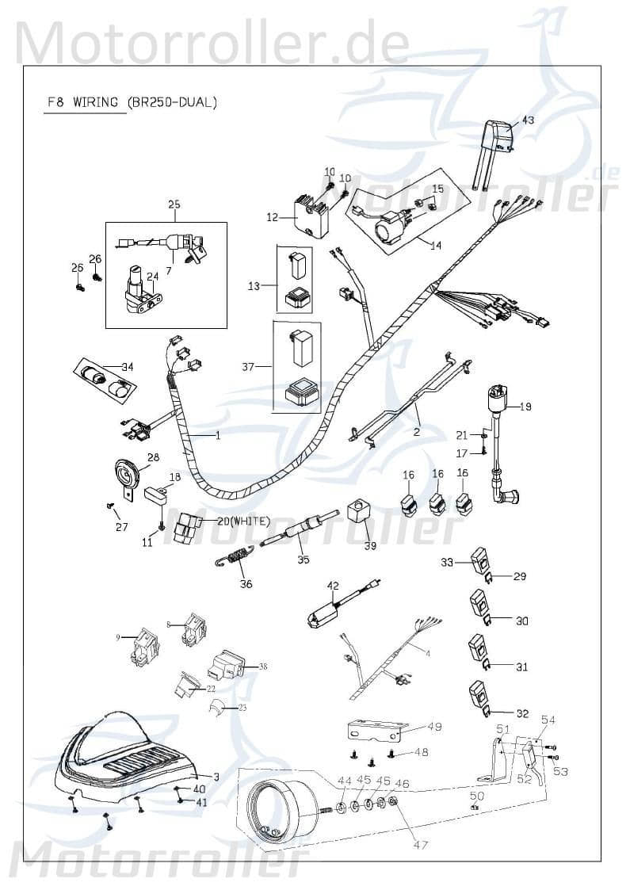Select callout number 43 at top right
click(527, 120)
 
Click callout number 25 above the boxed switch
click(174, 205)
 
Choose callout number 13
click(254, 285)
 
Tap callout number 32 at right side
click(521, 712)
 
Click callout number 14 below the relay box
click(435, 245)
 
